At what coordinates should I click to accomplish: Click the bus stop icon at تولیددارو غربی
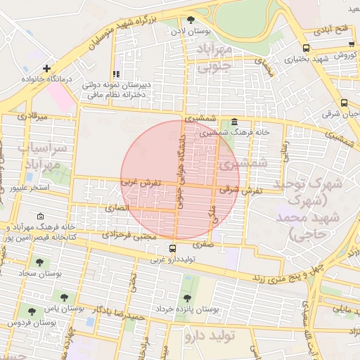173,248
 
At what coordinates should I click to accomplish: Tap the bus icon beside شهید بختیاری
305,48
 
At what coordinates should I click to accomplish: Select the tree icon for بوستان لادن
191,20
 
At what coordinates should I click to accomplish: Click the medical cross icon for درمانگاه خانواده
46,69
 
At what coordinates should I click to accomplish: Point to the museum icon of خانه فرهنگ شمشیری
233,122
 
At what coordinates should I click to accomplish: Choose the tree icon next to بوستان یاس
64,297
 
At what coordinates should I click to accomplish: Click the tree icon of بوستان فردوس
31,311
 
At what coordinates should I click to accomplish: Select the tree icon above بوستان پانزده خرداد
186,298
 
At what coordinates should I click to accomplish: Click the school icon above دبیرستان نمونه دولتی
117,73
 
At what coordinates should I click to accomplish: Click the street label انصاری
117,209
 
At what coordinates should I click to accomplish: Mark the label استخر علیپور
27,188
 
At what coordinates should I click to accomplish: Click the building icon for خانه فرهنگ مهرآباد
39,217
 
